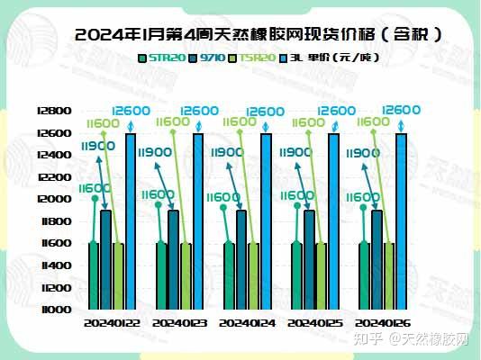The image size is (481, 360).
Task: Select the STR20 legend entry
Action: click(167, 59)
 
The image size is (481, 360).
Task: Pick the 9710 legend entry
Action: click(213, 59)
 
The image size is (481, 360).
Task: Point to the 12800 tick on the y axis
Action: click(56, 111)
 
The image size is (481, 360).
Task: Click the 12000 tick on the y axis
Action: click(56, 199)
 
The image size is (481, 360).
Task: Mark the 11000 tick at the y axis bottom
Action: click(56, 310)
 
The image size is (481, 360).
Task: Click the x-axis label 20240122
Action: click(112, 322)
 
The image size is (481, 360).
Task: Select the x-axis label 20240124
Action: click(248, 322)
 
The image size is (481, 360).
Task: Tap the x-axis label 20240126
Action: click(384, 322)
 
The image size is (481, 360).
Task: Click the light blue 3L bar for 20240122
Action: click(131, 220)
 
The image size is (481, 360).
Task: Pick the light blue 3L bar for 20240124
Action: click(266, 220)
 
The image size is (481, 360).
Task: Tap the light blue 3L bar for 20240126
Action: click(401, 220)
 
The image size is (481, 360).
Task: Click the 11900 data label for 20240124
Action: click(227, 153)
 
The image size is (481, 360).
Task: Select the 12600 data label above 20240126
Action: click(401, 110)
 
